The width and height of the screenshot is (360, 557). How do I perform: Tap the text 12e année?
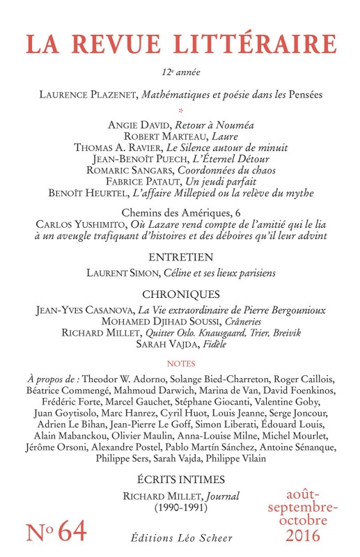180,72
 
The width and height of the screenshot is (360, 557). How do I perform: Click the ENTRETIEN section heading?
180,258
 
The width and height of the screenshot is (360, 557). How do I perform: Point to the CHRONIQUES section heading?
180,294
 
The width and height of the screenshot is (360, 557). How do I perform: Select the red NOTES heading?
180,363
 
